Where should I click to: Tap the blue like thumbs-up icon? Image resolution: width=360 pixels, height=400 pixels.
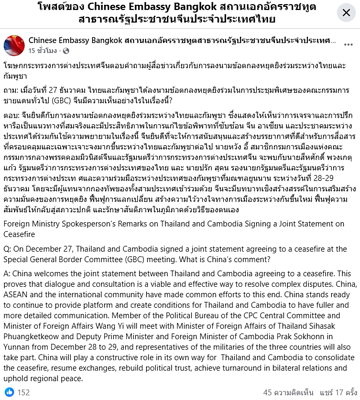coord(9,392)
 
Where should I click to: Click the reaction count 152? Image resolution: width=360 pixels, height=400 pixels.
coord(24,392)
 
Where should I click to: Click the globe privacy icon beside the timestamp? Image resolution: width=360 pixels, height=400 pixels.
coord(66,50)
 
